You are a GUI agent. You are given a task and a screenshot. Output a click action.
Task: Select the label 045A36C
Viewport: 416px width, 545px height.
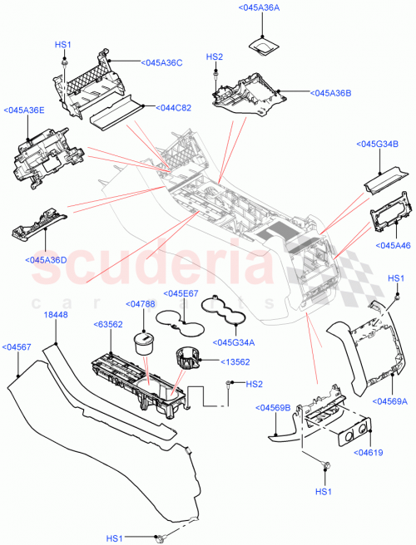point(162,62)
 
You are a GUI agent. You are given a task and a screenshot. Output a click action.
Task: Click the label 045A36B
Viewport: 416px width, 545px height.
point(330,93)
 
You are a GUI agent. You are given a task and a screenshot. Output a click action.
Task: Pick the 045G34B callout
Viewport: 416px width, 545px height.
point(378,144)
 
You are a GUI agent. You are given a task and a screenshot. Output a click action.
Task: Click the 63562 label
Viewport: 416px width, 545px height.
point(108,324)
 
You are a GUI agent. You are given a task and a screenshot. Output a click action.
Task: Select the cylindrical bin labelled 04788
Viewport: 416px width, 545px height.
point(145,343)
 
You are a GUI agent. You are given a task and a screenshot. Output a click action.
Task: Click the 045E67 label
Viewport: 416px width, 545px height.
point(180,293)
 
